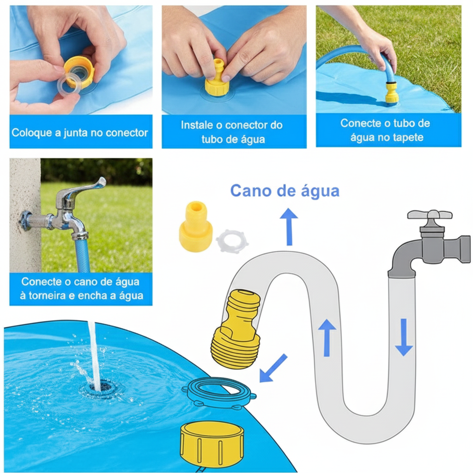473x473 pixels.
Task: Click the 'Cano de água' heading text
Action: click(285, 191)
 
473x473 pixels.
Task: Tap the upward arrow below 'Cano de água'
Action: click(289, 226)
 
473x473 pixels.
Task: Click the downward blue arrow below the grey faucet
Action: click(404, 337)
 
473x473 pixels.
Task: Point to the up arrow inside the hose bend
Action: click(327, 337)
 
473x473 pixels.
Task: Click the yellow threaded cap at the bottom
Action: click(212, 443)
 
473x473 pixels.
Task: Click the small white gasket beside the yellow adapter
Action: click(232, 241)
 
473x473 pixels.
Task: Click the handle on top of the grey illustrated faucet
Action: click(430, 215)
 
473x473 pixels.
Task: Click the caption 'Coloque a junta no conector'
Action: click(80, 133)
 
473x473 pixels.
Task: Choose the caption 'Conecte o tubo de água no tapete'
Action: click(385, 130)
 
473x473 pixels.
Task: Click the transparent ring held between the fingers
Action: click(69, 85)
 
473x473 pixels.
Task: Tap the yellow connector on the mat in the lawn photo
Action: click(392, 92)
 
